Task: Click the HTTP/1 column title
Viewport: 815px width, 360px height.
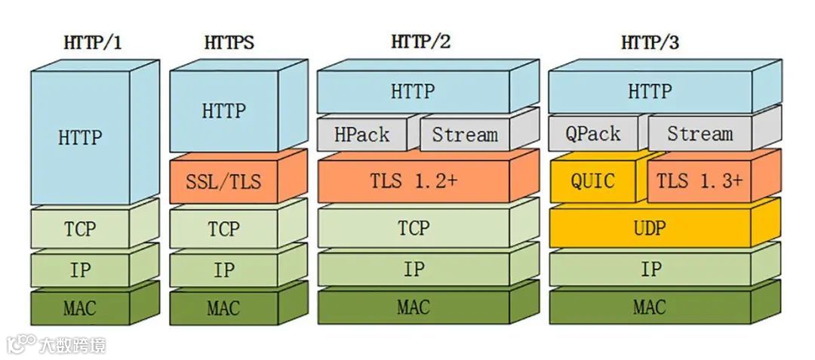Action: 91,43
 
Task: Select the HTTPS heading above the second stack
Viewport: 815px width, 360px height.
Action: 229,43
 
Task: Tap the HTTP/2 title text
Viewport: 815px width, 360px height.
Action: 420,42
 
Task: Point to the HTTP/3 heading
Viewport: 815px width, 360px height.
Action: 650,43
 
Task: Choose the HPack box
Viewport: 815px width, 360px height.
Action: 362,135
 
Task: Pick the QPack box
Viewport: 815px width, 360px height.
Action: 593,134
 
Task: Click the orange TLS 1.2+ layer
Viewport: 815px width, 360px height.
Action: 412,182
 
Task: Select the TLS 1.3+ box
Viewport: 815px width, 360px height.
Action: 699,181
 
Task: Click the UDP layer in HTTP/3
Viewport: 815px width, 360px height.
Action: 650,227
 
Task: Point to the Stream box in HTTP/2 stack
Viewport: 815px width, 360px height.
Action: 465,135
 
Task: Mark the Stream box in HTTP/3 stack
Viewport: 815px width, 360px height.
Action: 700,134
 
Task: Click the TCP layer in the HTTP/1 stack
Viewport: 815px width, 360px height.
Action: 80,228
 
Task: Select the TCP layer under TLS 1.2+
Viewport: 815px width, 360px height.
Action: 413,227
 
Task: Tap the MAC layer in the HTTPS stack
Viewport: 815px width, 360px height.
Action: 223,307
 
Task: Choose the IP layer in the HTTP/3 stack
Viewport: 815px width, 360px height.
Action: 650,269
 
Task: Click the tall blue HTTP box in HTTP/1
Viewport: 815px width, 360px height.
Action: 79,137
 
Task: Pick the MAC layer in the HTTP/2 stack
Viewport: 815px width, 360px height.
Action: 413,307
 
